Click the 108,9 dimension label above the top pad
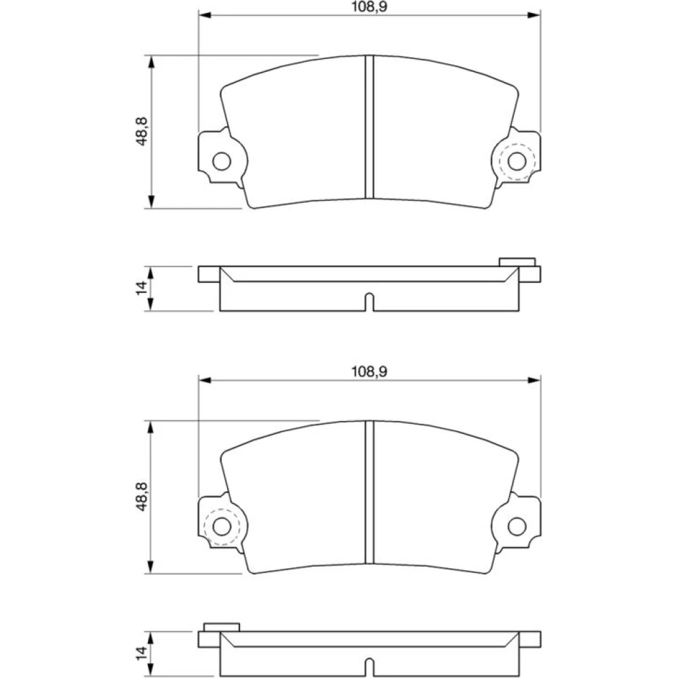click(x=369, y=7)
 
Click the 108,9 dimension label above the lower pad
click(x=369, y=372)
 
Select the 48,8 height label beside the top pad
click(x=142, y=132)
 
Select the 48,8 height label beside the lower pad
click(x=142, y=496)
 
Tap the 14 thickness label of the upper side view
click(x=142, y=288)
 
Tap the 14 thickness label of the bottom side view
click(x=142, y=653)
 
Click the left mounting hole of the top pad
click(x=222, y=161)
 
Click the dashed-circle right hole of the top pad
click(x=517, y=161)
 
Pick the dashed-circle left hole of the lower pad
click(x=222, y=526)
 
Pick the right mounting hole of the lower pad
click(x=517, y=526)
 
